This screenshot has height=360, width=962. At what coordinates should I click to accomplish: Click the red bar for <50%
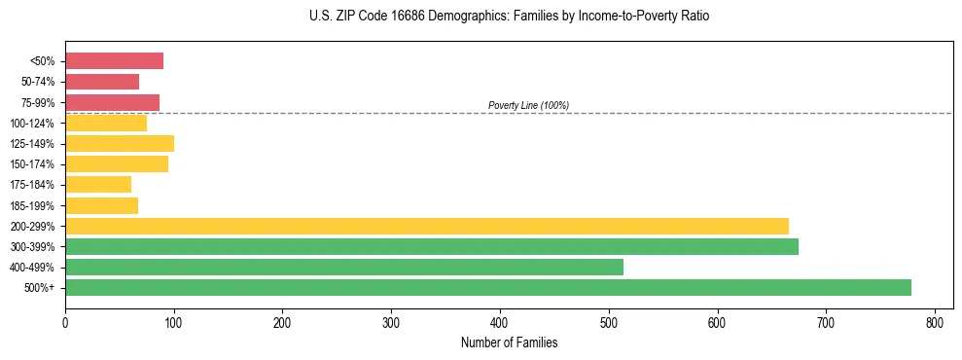114,61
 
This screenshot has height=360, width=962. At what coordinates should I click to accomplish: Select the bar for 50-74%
102,82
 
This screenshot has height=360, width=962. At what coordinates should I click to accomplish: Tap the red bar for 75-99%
112,102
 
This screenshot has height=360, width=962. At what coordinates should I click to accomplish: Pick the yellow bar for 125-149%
120,144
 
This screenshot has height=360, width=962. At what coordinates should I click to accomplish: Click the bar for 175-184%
98,185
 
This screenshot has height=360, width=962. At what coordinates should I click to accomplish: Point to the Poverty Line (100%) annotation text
528,105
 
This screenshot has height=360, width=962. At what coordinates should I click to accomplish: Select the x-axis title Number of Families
509,342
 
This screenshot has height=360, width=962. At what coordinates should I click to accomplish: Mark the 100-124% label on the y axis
32,124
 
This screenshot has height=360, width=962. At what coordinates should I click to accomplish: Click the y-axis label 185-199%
32,205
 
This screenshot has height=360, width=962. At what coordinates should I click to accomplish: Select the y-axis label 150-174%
32,164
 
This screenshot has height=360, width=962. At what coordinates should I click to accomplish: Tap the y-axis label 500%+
40,288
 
